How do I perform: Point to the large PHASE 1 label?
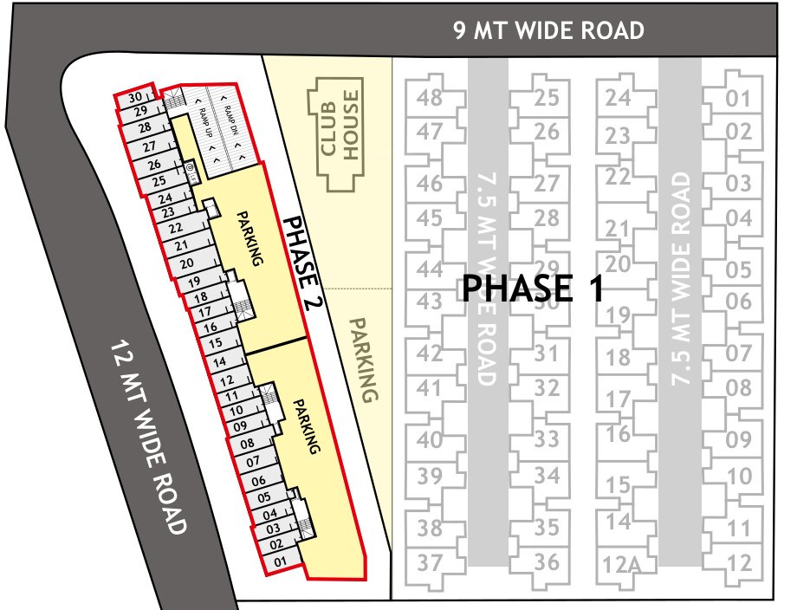(x=532, y=289)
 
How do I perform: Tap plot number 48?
(x=430, y=97)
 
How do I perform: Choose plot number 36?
(x=547, y=561)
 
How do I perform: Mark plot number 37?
(x=430, y=562)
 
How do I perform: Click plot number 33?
(x=547, y=439)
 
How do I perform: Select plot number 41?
(x=430, y=388)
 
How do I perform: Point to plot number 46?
(x=430, y=184)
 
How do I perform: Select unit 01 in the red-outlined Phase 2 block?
(x=279, y=561)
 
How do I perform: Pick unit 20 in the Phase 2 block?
(x=185, y=263)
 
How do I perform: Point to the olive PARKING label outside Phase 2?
(x=365, y=359)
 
